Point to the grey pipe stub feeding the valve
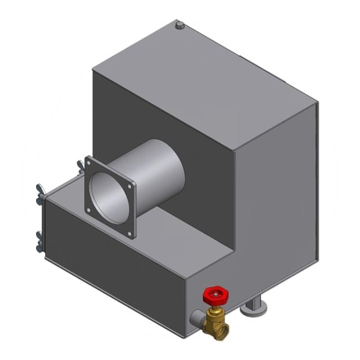click(x=196, y=317)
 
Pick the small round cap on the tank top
click(x=178, y=27)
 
